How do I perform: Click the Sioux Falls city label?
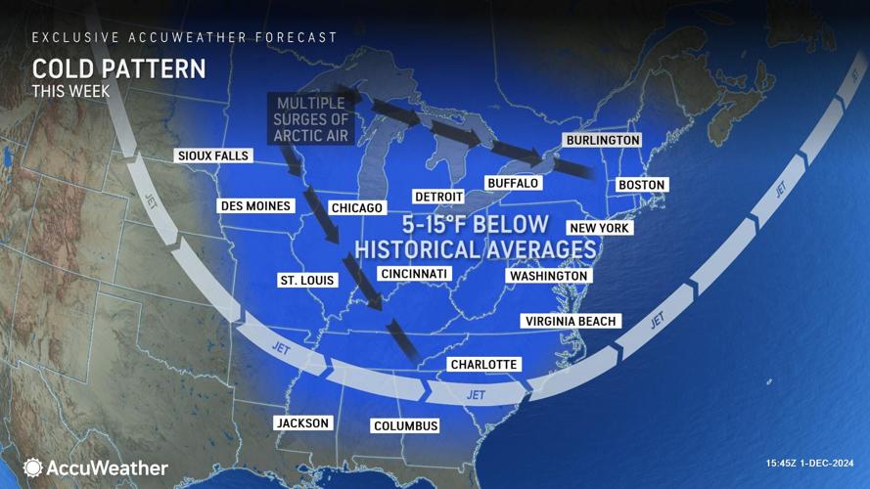click(212, 156)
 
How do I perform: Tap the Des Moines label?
click(255, 206)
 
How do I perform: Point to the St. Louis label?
click(306, 281)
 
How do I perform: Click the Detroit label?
click(437, 197)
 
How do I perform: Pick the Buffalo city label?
click(513, 183)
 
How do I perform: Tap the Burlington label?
click(603, 141)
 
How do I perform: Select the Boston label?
click(641, 185)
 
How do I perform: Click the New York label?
click(599, 228)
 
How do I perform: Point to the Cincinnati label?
click(414, 273)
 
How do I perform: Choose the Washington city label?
click(548, 276)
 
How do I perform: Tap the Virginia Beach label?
click(571, 321)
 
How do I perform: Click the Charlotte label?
click(482, 365)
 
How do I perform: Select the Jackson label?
click(302, 422)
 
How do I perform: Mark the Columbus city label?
click(405, 425)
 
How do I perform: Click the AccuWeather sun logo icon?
click(33, 468)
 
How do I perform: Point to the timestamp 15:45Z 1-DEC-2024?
click(811, 463)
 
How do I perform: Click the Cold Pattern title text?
click(119, 69)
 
